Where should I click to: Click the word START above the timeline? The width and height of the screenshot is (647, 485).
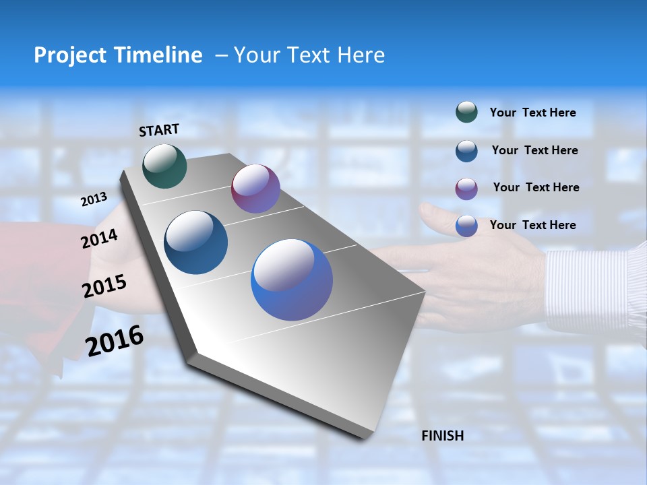tap(159, 130)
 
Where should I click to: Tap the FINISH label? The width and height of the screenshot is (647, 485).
tap(442, 436)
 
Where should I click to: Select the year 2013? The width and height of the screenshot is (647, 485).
tap(94, 199)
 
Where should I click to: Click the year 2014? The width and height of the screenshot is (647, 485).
tap(99, 238)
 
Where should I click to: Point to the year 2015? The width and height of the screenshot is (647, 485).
tap(104, 286)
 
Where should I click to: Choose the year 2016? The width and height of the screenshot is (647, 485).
tap(115, 341)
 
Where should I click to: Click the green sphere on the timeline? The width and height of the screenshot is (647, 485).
tap(164, 166)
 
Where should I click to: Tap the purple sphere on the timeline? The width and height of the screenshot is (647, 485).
tap(255, 189)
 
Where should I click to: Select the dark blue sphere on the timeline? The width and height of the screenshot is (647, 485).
tap(195, 243)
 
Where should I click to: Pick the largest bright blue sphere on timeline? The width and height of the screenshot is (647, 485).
tap(292, 280)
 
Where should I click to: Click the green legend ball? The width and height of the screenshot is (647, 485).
tap(466, 112)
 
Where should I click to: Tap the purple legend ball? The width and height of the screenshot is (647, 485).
tap(466, 188)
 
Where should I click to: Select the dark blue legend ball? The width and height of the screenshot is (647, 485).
tap(466, 150)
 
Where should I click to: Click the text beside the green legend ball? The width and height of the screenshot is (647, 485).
tap(532, 112)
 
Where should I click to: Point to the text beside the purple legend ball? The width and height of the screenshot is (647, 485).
tap(536, 187)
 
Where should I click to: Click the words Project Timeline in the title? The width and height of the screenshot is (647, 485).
tap(118, 55)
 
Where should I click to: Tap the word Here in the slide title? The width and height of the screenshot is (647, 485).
tap(361, 55)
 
